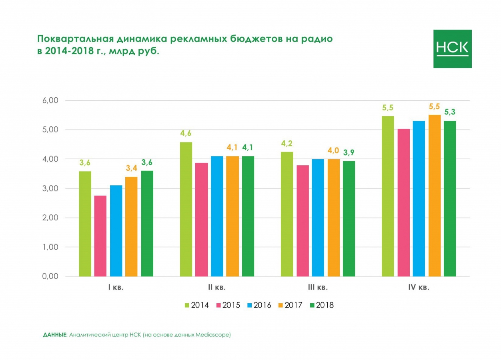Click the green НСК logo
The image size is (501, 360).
(x=452, y=49)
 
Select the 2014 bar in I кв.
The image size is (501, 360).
(x=85, y=224)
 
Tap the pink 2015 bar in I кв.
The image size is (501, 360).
(x=100, y=236)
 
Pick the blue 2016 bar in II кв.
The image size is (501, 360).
(x=217, y=216)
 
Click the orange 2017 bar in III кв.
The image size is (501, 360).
(x=333, y=218)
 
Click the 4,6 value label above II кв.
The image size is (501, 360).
(x=185, y=133)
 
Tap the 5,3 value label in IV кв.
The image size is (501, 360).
(x=450, y=111)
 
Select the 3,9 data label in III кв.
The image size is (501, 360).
(x=349, y=152)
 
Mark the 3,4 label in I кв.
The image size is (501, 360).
(x=131, y=168)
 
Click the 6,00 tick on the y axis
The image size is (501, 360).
(x=51, y=100)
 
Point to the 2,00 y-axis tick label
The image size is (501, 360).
(x=51, y=218)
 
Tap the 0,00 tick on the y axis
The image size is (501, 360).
(x=51, y=276)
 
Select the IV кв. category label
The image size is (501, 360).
(x=419, y=288)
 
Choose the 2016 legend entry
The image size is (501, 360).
(x=258, y=305)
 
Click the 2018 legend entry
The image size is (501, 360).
(x=321, y=305)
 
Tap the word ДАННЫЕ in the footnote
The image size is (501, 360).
(x=55, y=335)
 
